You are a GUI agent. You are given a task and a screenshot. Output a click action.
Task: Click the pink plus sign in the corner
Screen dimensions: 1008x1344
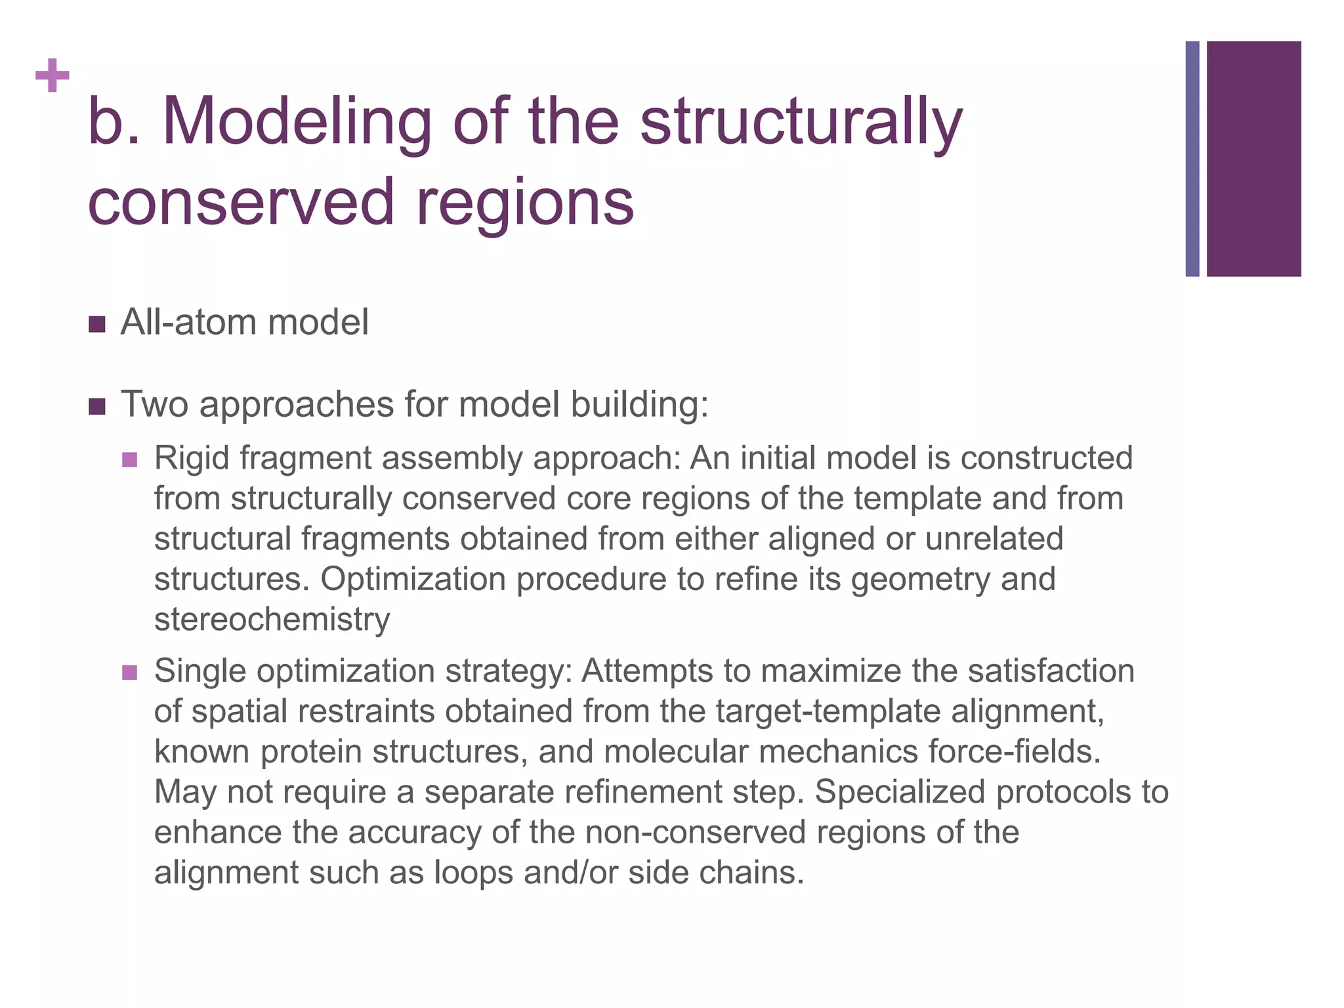pos(52,76)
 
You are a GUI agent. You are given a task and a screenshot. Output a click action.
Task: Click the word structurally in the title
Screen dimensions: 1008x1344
pos(801,122)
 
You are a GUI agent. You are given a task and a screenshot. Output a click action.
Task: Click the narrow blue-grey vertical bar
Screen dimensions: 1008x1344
pos(1192,159)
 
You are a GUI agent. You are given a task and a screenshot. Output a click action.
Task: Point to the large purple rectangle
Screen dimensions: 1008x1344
pos(1253,159)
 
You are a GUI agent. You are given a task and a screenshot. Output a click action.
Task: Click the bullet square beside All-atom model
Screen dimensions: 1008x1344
pos(96,324)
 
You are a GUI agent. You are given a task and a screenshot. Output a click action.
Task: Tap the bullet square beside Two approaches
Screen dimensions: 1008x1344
pos(96,406)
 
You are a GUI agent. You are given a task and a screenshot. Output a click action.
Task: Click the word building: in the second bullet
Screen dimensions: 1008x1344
pos(639,404)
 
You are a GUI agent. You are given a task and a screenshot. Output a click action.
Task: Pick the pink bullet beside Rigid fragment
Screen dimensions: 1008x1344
pos(130,459)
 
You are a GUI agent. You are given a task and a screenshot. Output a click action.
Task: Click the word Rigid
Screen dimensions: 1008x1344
pos(192,458)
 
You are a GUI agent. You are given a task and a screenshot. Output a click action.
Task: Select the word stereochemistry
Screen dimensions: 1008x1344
pos(272,619)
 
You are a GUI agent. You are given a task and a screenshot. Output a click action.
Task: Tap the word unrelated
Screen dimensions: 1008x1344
pos(994,539)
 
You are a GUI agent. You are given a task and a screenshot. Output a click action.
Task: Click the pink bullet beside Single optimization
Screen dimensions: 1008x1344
pos(130,673)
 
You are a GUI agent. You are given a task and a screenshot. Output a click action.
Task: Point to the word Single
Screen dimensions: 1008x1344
pos(199,671)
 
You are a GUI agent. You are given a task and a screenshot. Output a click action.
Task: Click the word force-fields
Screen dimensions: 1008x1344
pos(1015,751)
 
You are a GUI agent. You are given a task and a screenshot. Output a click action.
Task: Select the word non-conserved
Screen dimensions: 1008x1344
pos(696,832)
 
